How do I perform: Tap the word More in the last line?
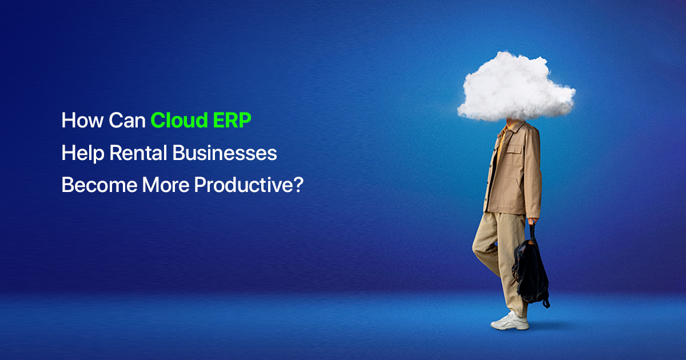click(157, 186)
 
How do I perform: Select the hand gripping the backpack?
click(533, 221)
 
